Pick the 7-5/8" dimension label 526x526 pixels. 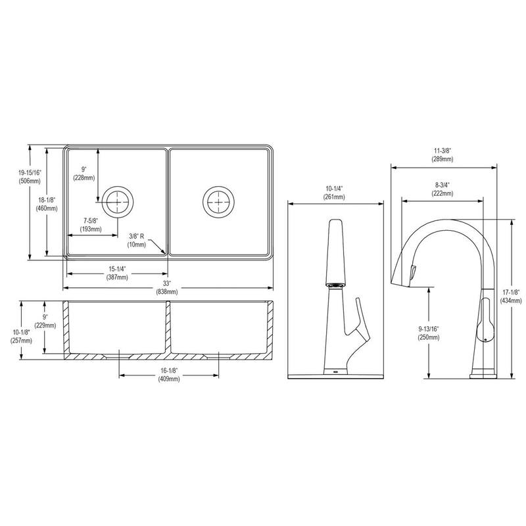click(91, 220)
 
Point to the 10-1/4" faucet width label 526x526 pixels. click(335, 189)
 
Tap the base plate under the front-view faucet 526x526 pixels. click(337, 375)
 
